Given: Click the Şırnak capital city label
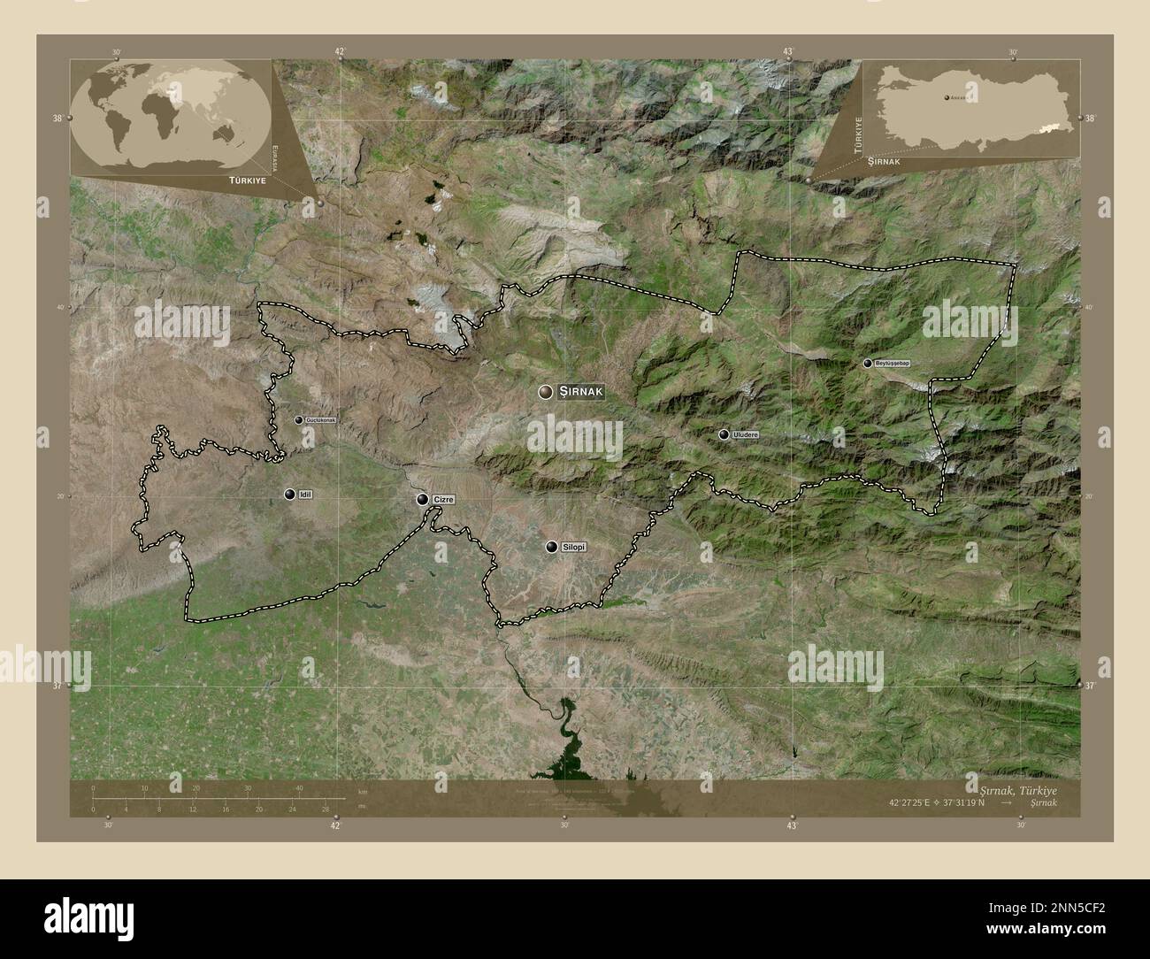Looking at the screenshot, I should pyautogui.click(x=580, y=392).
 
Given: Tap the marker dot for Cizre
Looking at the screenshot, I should pyautogui.click(x=423, y=500).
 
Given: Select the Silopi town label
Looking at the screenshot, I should pyautogui.click(x=574, y=548).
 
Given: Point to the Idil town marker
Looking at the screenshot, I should pyautogui.click(x=289, y=494).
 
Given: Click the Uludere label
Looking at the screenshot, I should pyautogui.click(x=746, y=434).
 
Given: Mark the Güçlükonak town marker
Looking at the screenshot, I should pyautogui.click(x=299, y=419).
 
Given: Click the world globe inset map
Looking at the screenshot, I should pyautogui.click(x=171, y=117).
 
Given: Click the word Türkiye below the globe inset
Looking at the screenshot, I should pyautogui.click(x=229, y=179).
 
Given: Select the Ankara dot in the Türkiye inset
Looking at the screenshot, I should pyautogui.click(x=947, y=96).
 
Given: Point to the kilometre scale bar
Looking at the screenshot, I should pyautogui.click(x=218, y=797).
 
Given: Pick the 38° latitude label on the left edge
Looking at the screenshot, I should pyautogui.click(x=57, y=118).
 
